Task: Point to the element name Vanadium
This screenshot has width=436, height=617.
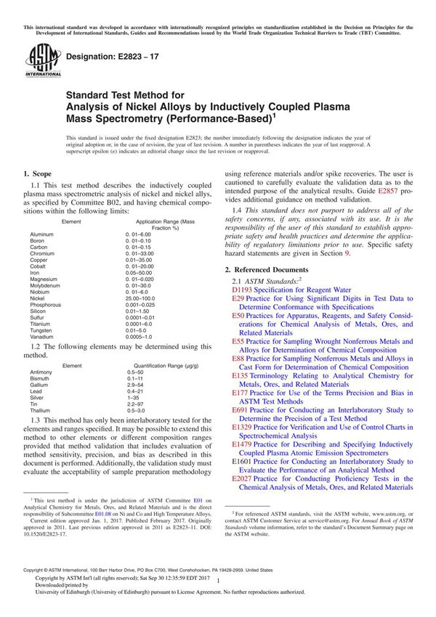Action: [42, 336]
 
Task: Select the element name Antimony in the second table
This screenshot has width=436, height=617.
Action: [42, 372]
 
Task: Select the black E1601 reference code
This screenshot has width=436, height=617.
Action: [242, 461]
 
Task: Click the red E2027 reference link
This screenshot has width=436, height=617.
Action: [242, 479]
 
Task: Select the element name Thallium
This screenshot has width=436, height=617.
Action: [41, 410]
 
